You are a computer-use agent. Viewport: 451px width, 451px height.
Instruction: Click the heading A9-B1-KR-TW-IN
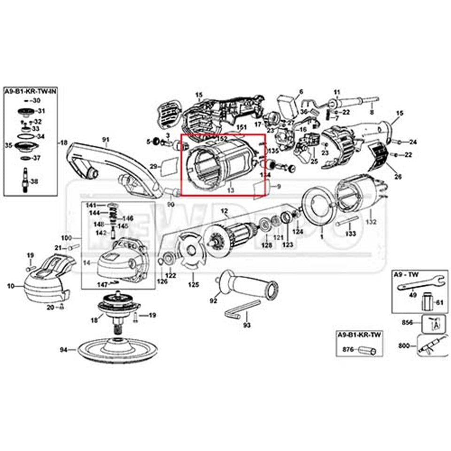(31, 90)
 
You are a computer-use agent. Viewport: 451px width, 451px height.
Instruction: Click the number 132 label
(371, 221)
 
